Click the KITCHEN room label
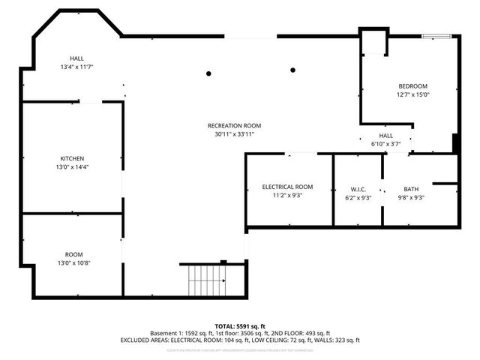click(72, 158)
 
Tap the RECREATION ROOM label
click(235, 125)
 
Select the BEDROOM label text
click(412, 85)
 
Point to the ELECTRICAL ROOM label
click(287, 186)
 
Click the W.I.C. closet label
click(357, 189)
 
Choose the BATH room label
click(411, 189)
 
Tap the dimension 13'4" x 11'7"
click(76, 67)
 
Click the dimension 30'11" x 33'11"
click(235, 134)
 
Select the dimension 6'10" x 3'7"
click(386, 144)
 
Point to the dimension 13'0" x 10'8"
click(73, 263)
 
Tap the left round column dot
click(209, 73)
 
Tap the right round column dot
click(292, 70)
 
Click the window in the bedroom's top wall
click(436, 35)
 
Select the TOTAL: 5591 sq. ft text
click(240, 325)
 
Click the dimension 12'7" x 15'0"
click(412, 94)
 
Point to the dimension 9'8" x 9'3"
click(411, 197)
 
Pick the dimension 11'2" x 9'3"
click(287, 195)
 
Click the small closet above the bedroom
click(373, 43)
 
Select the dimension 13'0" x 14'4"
click(72, 167)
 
